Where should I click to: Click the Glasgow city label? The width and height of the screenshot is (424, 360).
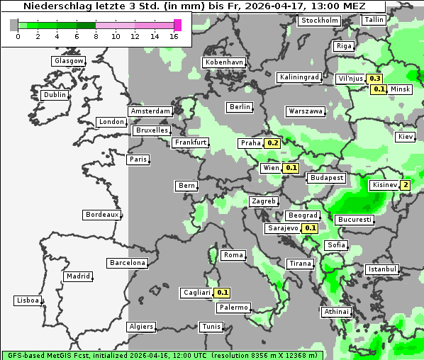[x=69, y=61]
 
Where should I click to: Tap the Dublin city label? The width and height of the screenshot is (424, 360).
[x=54, y=94]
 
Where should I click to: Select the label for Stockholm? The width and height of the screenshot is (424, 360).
[x=318, y=21]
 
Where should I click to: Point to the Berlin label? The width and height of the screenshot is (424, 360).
[x=240, y=107]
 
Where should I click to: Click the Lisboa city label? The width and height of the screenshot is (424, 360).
[x=28, y=300]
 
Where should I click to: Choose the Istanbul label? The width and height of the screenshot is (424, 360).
[x=382, y=269]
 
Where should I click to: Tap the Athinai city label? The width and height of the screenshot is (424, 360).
[x=336, y=312]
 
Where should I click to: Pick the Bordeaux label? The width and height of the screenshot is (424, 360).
[x=101, y=215]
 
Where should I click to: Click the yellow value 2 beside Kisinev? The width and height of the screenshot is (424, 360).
[x=405, y=186]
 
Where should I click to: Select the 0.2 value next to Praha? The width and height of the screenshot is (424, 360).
[x=272, y=143]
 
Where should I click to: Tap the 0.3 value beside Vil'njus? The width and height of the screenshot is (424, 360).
[x=375, y=79]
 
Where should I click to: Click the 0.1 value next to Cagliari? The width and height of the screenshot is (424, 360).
[x=223, y=293]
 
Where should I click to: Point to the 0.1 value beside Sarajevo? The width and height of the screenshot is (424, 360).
[x=310, y=228]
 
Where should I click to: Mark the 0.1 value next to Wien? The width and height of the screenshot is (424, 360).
[x=290, y=168]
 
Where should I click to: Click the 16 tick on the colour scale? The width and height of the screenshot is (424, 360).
[x=174, y=36]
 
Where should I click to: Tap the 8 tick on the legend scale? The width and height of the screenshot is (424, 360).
[x=96, y=36]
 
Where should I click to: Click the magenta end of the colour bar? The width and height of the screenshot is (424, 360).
[x=178, y=26]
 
